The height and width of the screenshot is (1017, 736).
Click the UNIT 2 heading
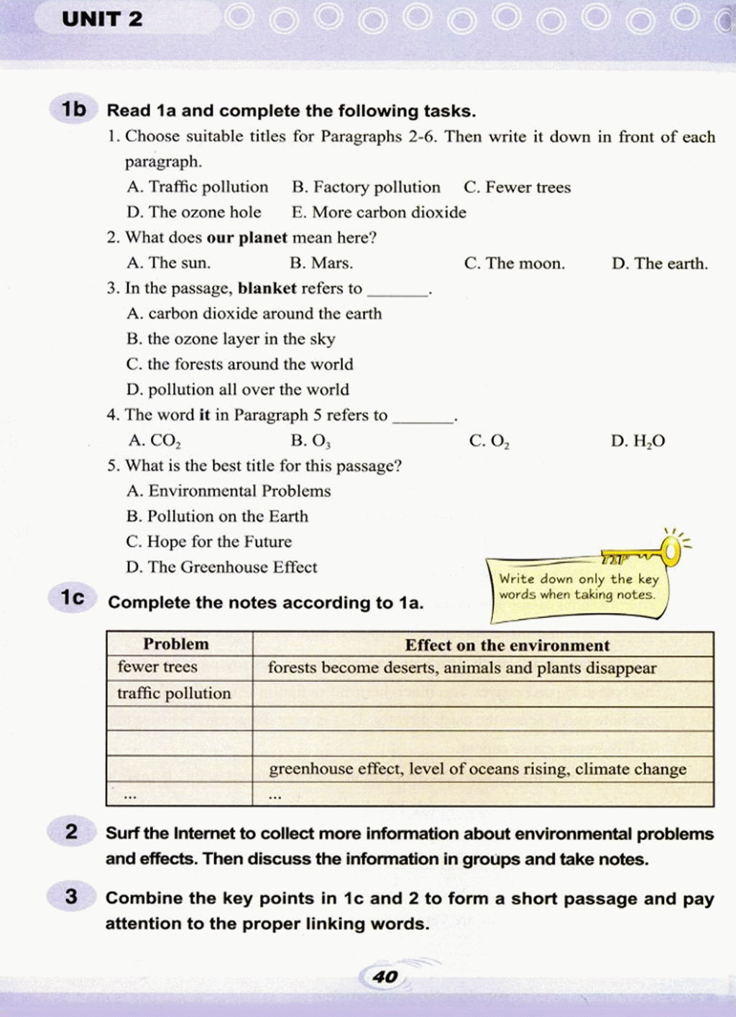point(102,19)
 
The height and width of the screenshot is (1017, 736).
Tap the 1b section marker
point(73,109)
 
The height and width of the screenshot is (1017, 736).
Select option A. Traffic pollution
point(198,187)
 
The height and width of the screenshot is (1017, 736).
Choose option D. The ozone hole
point(194,212)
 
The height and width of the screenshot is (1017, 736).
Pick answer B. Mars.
point(321,263)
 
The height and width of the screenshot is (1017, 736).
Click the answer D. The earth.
point(659,263)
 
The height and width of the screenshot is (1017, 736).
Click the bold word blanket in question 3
point(267,288)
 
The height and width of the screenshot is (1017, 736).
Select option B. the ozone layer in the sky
point(231,339)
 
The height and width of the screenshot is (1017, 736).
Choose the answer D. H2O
point(638,441)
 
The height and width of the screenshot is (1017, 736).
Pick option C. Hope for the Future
point(208,541)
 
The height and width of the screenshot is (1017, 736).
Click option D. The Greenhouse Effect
point(221,567)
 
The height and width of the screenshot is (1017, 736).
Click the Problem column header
point(176,644)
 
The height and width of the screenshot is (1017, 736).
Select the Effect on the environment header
point(507,645)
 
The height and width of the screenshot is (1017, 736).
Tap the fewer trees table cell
point(157,667)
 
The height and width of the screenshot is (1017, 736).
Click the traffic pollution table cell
point(174,694)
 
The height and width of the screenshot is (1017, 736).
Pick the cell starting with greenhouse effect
point(477,769)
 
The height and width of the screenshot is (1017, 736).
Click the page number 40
point(385,976)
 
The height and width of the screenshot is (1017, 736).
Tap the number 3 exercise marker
point(70,896)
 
